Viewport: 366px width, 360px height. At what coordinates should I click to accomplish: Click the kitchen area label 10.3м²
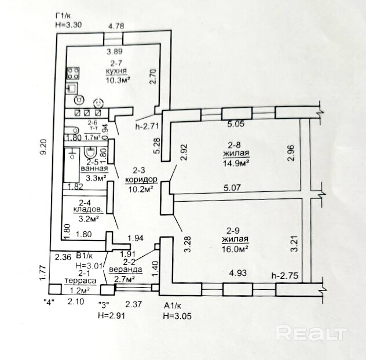117,80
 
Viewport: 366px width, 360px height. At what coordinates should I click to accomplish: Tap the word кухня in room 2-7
116,72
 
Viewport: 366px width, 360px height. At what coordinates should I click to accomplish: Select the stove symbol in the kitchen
74,74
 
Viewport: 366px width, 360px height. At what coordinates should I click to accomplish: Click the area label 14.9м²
236,163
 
